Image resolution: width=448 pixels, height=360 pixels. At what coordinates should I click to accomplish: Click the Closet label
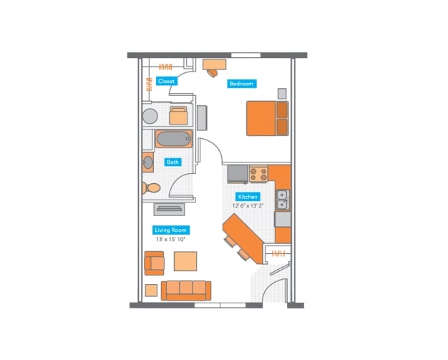tap(166, 82)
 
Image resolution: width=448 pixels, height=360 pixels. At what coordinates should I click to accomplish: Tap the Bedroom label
tap(241, 84)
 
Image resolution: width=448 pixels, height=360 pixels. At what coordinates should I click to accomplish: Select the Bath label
tap(172, 162)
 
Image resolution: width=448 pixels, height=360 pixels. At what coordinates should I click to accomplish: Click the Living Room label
tap(170, 230)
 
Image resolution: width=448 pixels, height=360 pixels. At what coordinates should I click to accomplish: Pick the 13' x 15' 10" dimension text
tap(170, 240)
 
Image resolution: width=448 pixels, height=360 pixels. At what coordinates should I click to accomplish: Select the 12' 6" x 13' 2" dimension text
tap(248, 205)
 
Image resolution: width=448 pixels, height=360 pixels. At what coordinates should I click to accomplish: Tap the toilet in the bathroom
tap(152, 188)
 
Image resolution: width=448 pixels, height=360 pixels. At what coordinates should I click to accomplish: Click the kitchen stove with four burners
tap(258, 173)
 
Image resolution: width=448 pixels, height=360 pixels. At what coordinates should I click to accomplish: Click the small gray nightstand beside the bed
tap(283, 93)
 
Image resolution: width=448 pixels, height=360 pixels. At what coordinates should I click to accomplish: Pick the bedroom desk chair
tap(213, 72)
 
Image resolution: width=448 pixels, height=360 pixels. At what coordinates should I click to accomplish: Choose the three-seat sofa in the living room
tap(185, 290)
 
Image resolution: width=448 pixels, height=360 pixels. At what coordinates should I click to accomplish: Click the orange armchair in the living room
tap(155, 263)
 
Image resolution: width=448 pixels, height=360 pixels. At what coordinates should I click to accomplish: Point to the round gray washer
tap(151, 117)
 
